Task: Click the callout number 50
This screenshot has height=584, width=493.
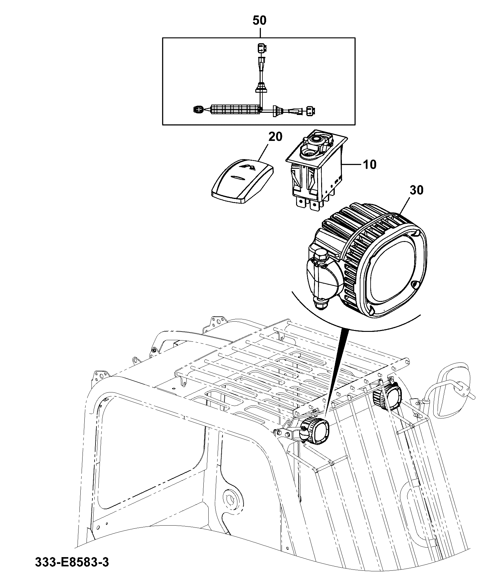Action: [259, 20]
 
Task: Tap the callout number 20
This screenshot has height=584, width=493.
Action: [275, 136]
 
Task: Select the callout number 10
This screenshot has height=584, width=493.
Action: [370, 164]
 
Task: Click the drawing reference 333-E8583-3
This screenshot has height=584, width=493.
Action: [72, 571]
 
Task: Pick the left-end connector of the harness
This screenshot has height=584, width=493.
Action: [199, 109]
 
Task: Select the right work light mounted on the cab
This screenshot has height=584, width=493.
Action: [388, 396]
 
